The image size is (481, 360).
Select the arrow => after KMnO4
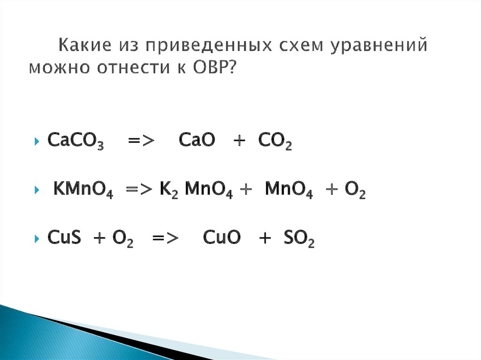tap(138, 191)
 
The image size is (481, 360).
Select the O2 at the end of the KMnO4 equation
tap(355, 191)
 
